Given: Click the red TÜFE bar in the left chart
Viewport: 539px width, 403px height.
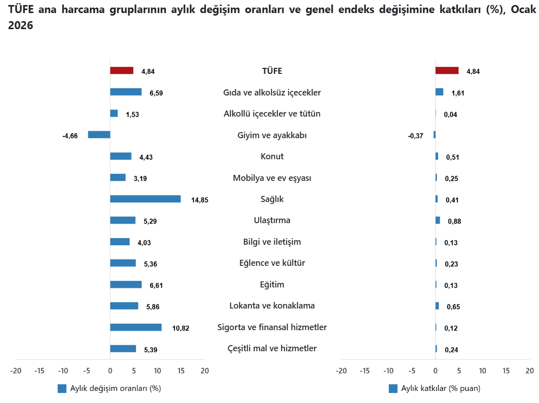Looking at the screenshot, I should tap(122, 70).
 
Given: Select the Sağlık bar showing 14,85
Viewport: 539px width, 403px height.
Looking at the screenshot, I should tap(145, 199).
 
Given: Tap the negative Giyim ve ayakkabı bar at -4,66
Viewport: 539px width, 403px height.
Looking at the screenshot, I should tap(99, 135).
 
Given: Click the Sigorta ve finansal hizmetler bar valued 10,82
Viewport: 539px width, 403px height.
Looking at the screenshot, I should tap(136, 327).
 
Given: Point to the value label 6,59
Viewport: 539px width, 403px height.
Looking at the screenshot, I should tap(156, 93).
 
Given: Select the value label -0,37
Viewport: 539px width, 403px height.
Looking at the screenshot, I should tap(415, 136).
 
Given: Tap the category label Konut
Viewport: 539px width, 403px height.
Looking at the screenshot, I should tap(272, 156).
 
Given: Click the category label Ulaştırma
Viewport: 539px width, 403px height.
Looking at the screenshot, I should tap(272, 220).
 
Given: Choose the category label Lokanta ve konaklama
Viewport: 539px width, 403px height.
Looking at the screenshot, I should tap(272, 306).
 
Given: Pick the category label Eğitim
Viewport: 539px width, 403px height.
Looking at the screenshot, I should tap(272, 284).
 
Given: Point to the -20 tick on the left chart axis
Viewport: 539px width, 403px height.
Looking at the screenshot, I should tap(16, 371).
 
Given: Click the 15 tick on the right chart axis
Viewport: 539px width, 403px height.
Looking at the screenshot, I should tap(506, 371).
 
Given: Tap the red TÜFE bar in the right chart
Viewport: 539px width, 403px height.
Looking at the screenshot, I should tap(447, 70).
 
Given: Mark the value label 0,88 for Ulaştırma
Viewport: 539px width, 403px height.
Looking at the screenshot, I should tap(455, 221).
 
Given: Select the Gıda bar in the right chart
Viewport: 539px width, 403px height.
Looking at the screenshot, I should tap(439, 92).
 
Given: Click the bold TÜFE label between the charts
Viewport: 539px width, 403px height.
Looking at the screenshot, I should tap(272, 71).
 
